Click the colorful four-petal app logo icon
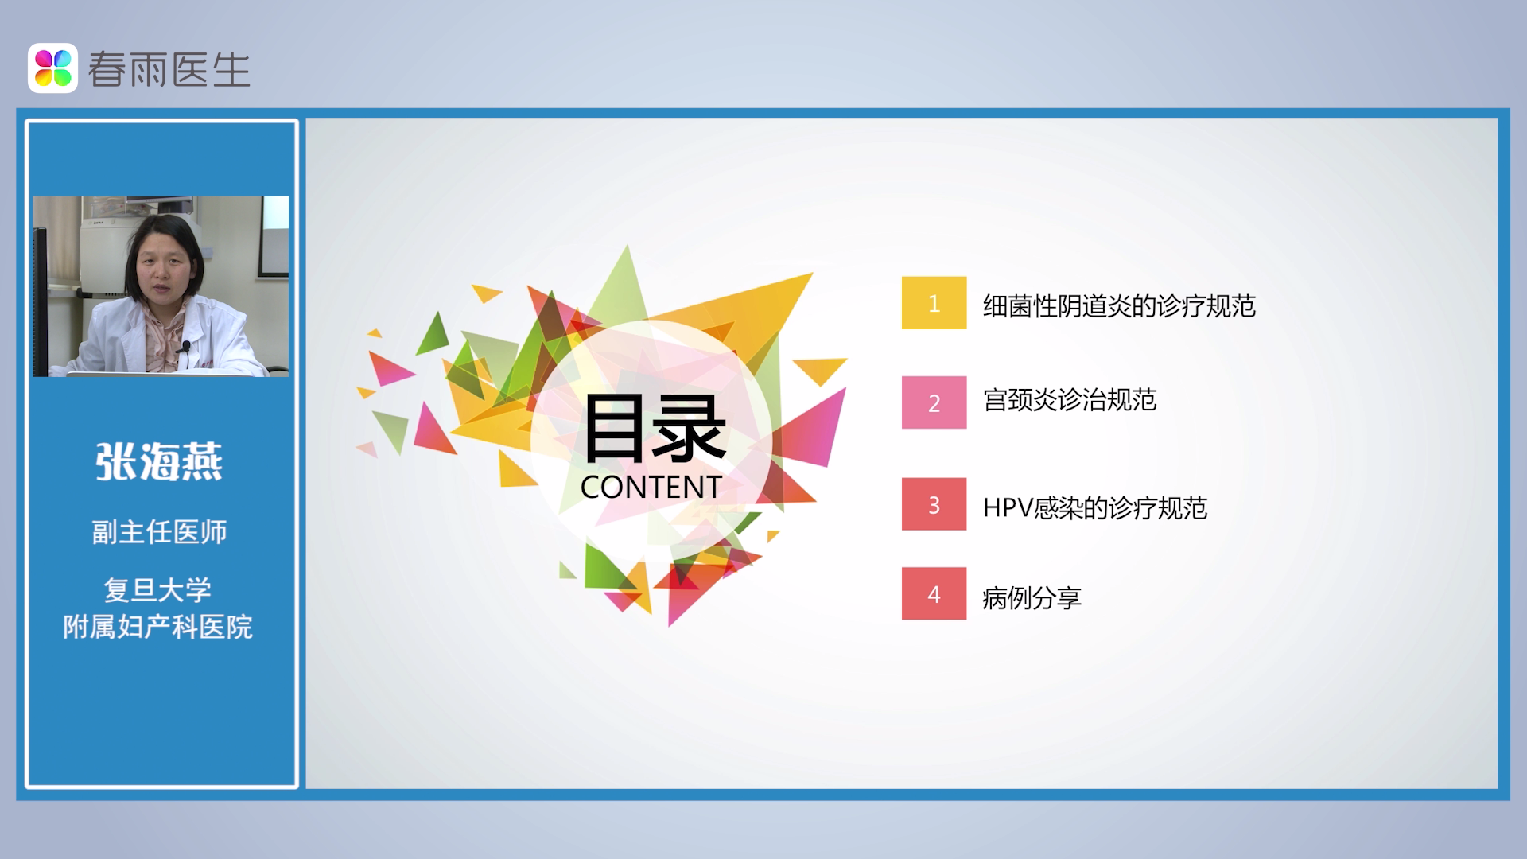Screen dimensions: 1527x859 tap(53, 68)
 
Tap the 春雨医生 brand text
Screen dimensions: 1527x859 tap(169, 70)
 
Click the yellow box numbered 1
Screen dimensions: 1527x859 tap(934, 303)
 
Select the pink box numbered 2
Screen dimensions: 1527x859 tap(934, 402)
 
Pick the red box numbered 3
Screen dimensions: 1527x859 tap(934, 504)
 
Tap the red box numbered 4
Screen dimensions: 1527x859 tap(934, 593)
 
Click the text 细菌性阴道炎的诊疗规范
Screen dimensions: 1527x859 tap(1119, 305)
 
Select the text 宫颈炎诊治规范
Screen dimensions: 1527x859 tap(1070, 400)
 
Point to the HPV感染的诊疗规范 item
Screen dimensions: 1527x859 tap(1095, 507)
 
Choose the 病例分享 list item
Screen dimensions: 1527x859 tap(1032, 597)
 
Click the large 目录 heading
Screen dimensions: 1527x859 tap(654, 429)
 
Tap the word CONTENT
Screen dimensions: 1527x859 tap(651, 487)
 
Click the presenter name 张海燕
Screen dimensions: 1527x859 tap(159, 461)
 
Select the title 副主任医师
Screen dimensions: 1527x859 tap(159, 532)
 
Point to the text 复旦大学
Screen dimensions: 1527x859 tap(158, 590)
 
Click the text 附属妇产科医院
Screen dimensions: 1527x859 tap(158, 628)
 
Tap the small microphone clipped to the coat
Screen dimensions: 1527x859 tap(186, 347)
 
